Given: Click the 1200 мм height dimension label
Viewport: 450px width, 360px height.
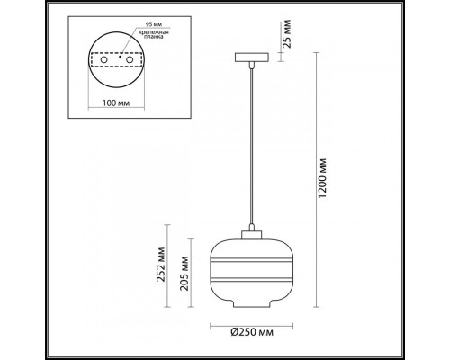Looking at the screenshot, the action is pos(322,178).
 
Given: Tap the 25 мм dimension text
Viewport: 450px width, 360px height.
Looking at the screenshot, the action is pos(287,33).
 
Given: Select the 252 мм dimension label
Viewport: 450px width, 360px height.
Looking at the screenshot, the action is pos(162,265).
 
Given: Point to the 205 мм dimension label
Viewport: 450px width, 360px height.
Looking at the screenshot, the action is pos(184,274).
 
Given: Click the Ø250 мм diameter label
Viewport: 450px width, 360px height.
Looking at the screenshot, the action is pos(252,332).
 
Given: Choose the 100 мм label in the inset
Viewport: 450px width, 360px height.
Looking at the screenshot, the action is pos(116,103).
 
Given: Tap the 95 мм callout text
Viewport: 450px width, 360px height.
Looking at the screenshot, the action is pos(151,24).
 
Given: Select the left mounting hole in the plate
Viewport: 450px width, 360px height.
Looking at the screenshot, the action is pos(103,59).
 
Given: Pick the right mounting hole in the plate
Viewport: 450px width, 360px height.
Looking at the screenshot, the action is pos(130,59).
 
